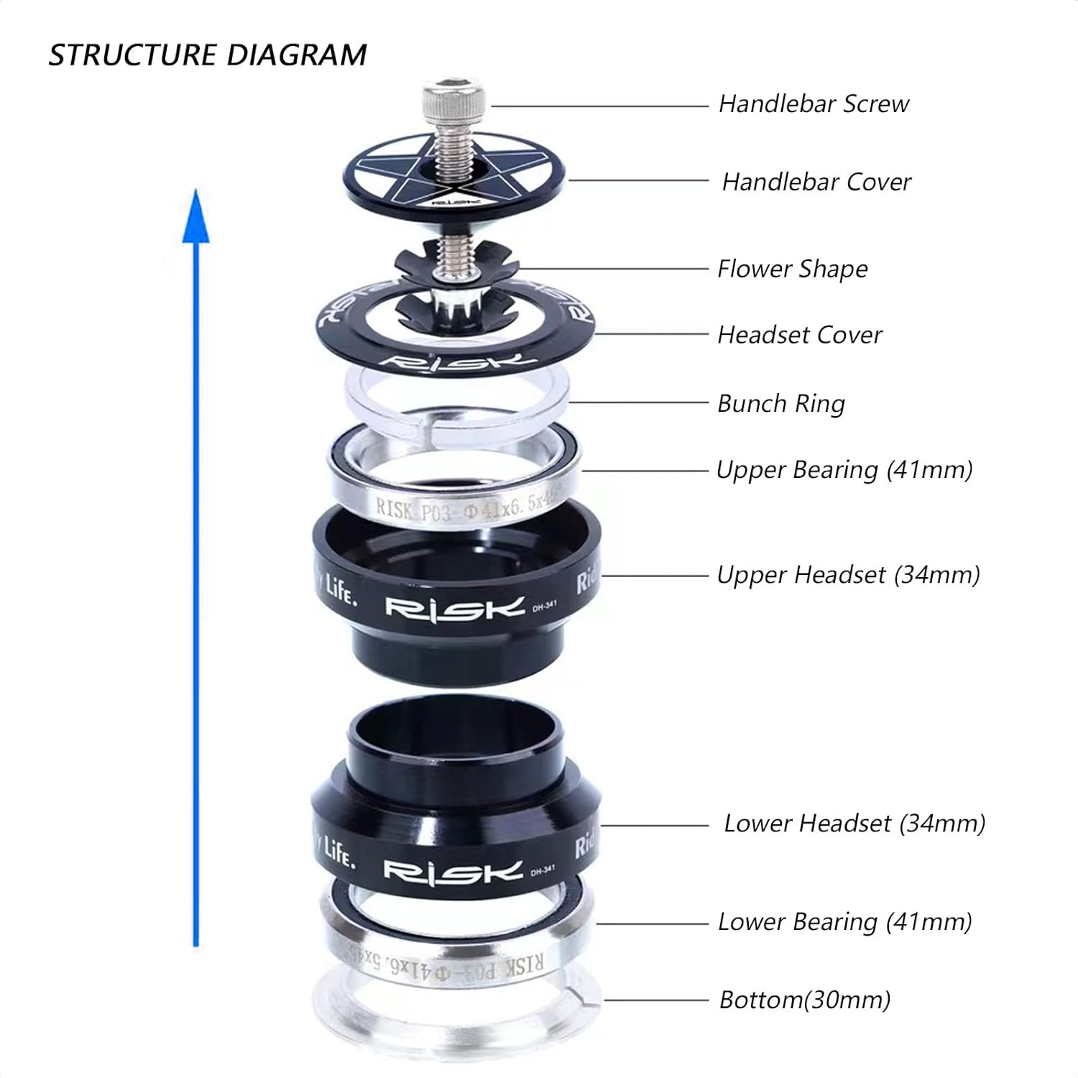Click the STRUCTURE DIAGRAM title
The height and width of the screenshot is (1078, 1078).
[x=207, y=55]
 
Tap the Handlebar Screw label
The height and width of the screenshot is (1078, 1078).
[x=814, y=104]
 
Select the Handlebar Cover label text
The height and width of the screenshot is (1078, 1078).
[x=816, y=182]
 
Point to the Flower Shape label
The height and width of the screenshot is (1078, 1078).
[x=792, y=269]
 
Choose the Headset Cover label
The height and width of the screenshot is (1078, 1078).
[x=799, y=335]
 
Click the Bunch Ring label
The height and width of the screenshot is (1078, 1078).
[x=780, y=404]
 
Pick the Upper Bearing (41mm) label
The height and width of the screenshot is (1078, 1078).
[x=844, y=470]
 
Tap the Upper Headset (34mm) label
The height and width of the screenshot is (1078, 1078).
[x=848, y=575]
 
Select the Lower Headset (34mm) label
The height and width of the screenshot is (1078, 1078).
[x=854, y=824]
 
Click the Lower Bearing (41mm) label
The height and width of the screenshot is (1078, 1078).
[x=844, y=922]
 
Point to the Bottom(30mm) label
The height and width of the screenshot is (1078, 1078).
[x=805, y=1000]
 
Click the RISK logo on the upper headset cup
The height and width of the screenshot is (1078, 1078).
[x=454, y=607]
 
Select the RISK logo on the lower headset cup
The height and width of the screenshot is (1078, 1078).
[x=453, y=871]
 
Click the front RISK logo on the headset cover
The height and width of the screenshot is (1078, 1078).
[x=456, y=361]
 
